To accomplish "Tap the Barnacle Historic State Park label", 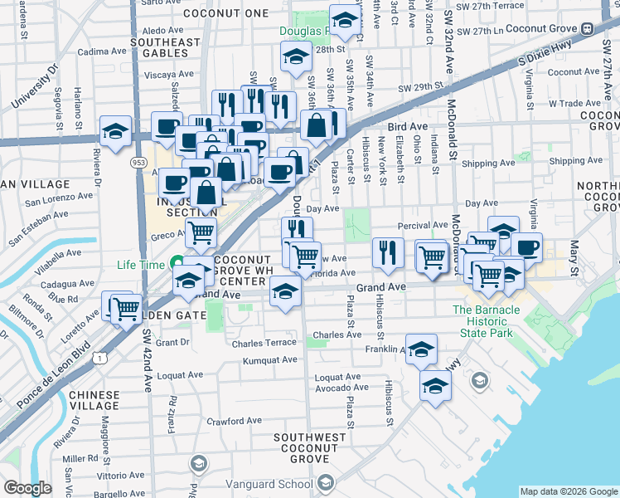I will [487, 321].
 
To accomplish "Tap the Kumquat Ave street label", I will [269, 361].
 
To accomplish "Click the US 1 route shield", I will [99, 358].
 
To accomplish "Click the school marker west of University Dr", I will [116, 130].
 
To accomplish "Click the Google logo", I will [28, 487].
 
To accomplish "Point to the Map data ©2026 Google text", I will [568, 491].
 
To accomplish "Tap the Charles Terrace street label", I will [264, 343].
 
